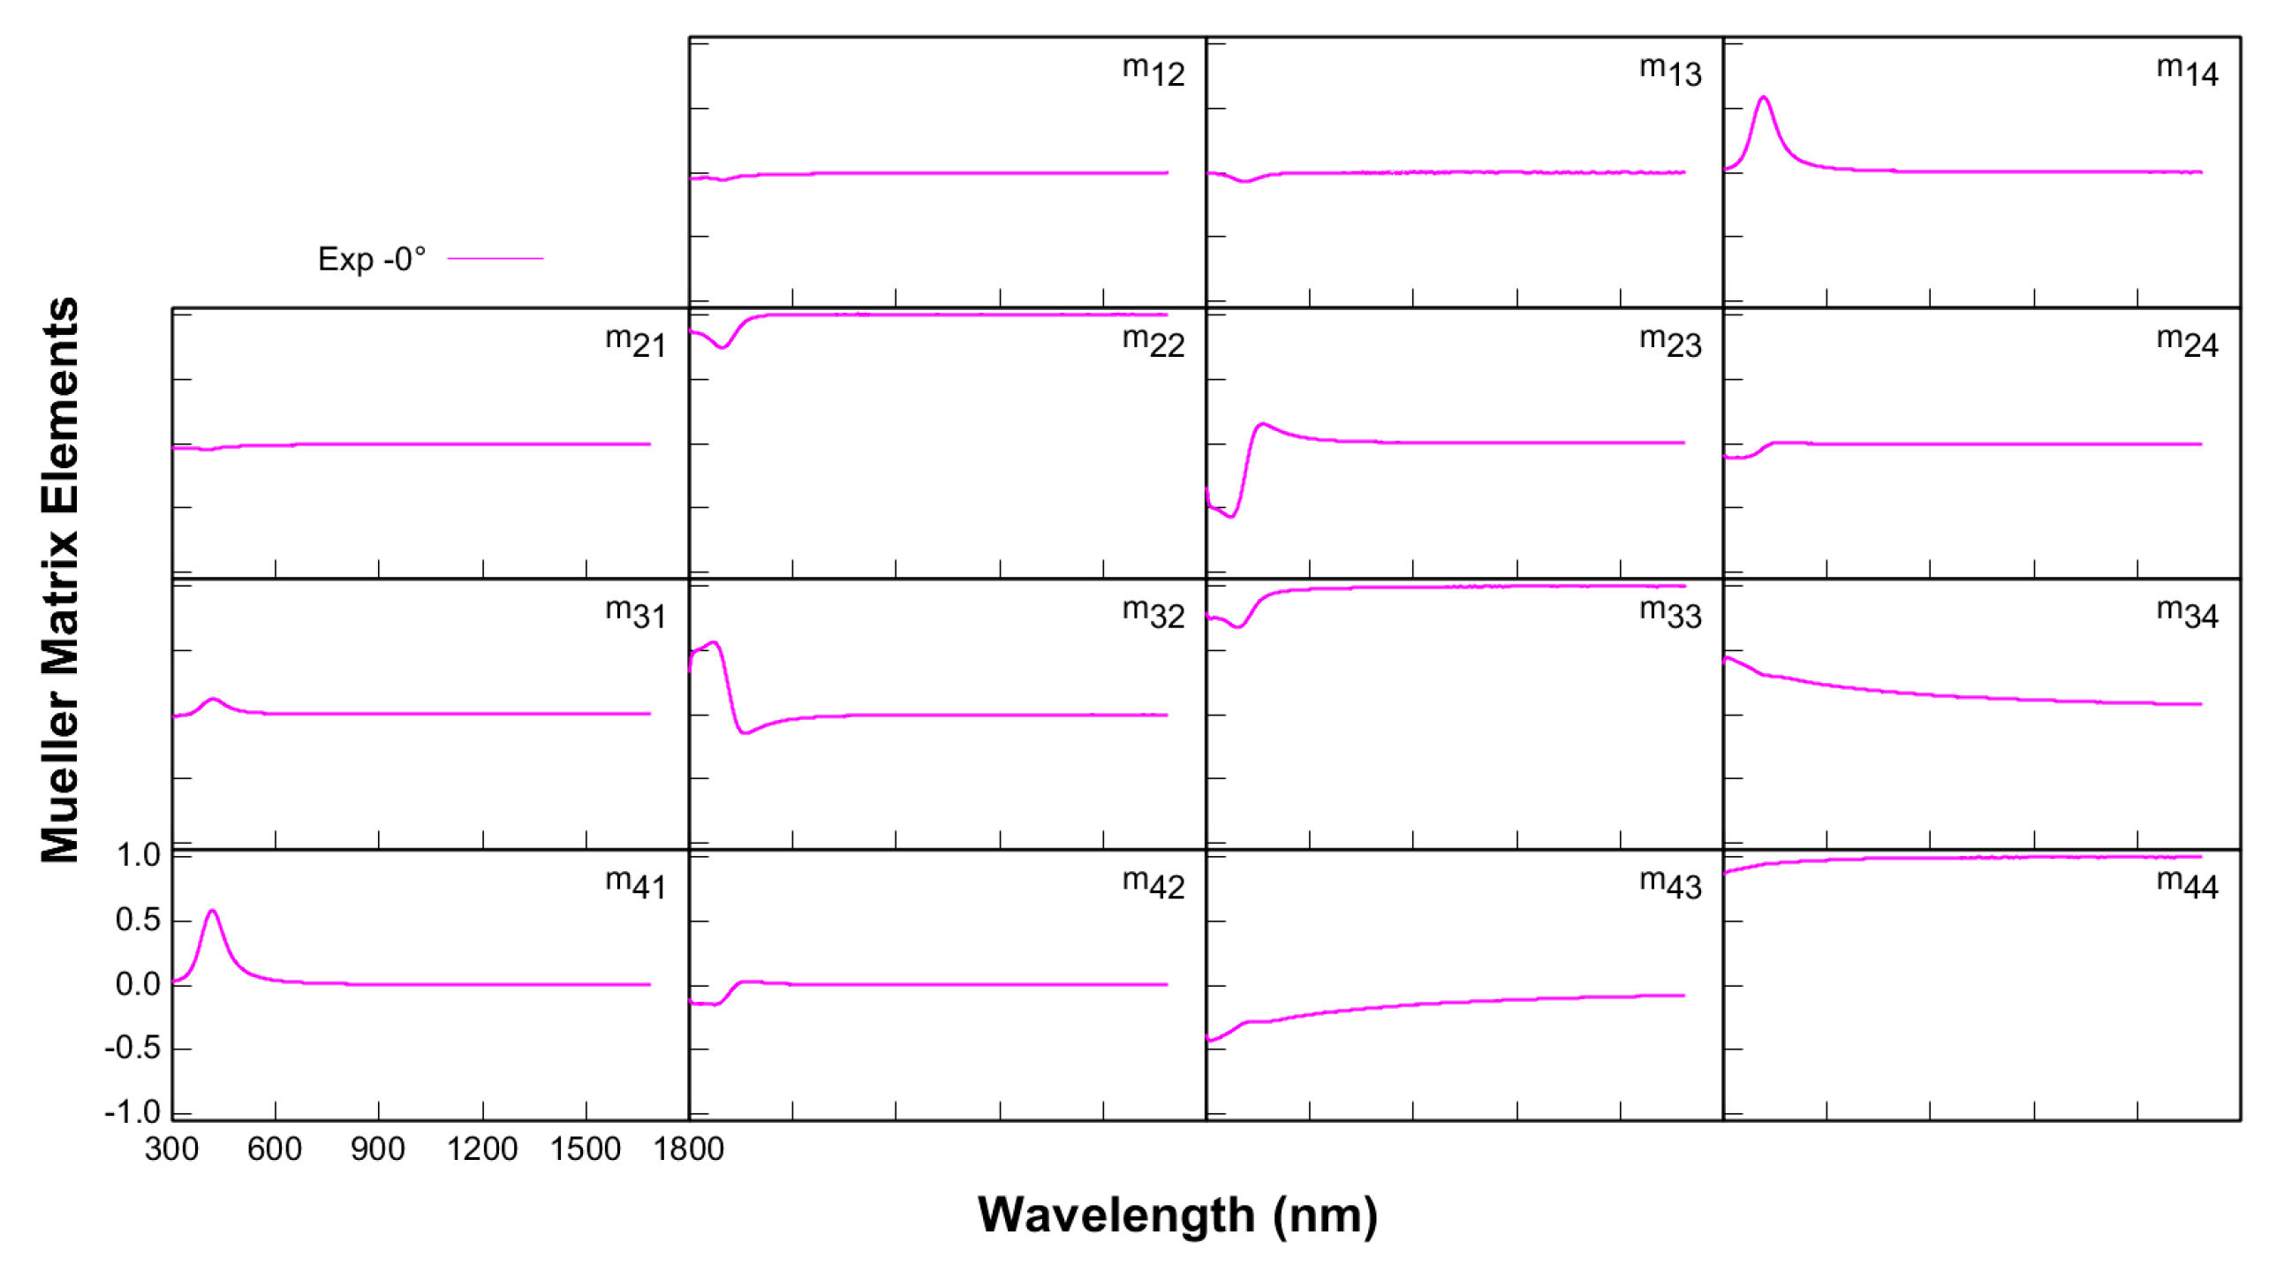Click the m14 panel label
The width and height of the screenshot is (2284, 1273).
point(2187,71)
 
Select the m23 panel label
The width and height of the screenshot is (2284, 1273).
point(1669,342)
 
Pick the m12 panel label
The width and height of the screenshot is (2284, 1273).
point(1153,71)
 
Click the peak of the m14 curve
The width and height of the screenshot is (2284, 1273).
point(1764,97)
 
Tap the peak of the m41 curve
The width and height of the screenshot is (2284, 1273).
point(212,911)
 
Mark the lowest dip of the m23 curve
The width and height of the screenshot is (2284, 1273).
point(1231,516)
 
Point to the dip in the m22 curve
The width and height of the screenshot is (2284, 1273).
point(722,347)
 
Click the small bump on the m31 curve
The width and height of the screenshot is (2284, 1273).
point(213,699)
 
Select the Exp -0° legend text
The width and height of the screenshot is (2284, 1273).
point(372,259)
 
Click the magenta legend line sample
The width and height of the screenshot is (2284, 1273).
point(495,258)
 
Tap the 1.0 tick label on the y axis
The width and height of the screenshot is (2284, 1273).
point(139,855)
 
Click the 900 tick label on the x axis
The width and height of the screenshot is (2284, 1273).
point(378,1148)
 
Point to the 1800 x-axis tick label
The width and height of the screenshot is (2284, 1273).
point(688,1148)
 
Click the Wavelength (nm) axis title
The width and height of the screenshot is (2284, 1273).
point(1176,1215)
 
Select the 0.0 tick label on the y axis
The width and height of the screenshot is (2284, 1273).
point(139,984)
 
